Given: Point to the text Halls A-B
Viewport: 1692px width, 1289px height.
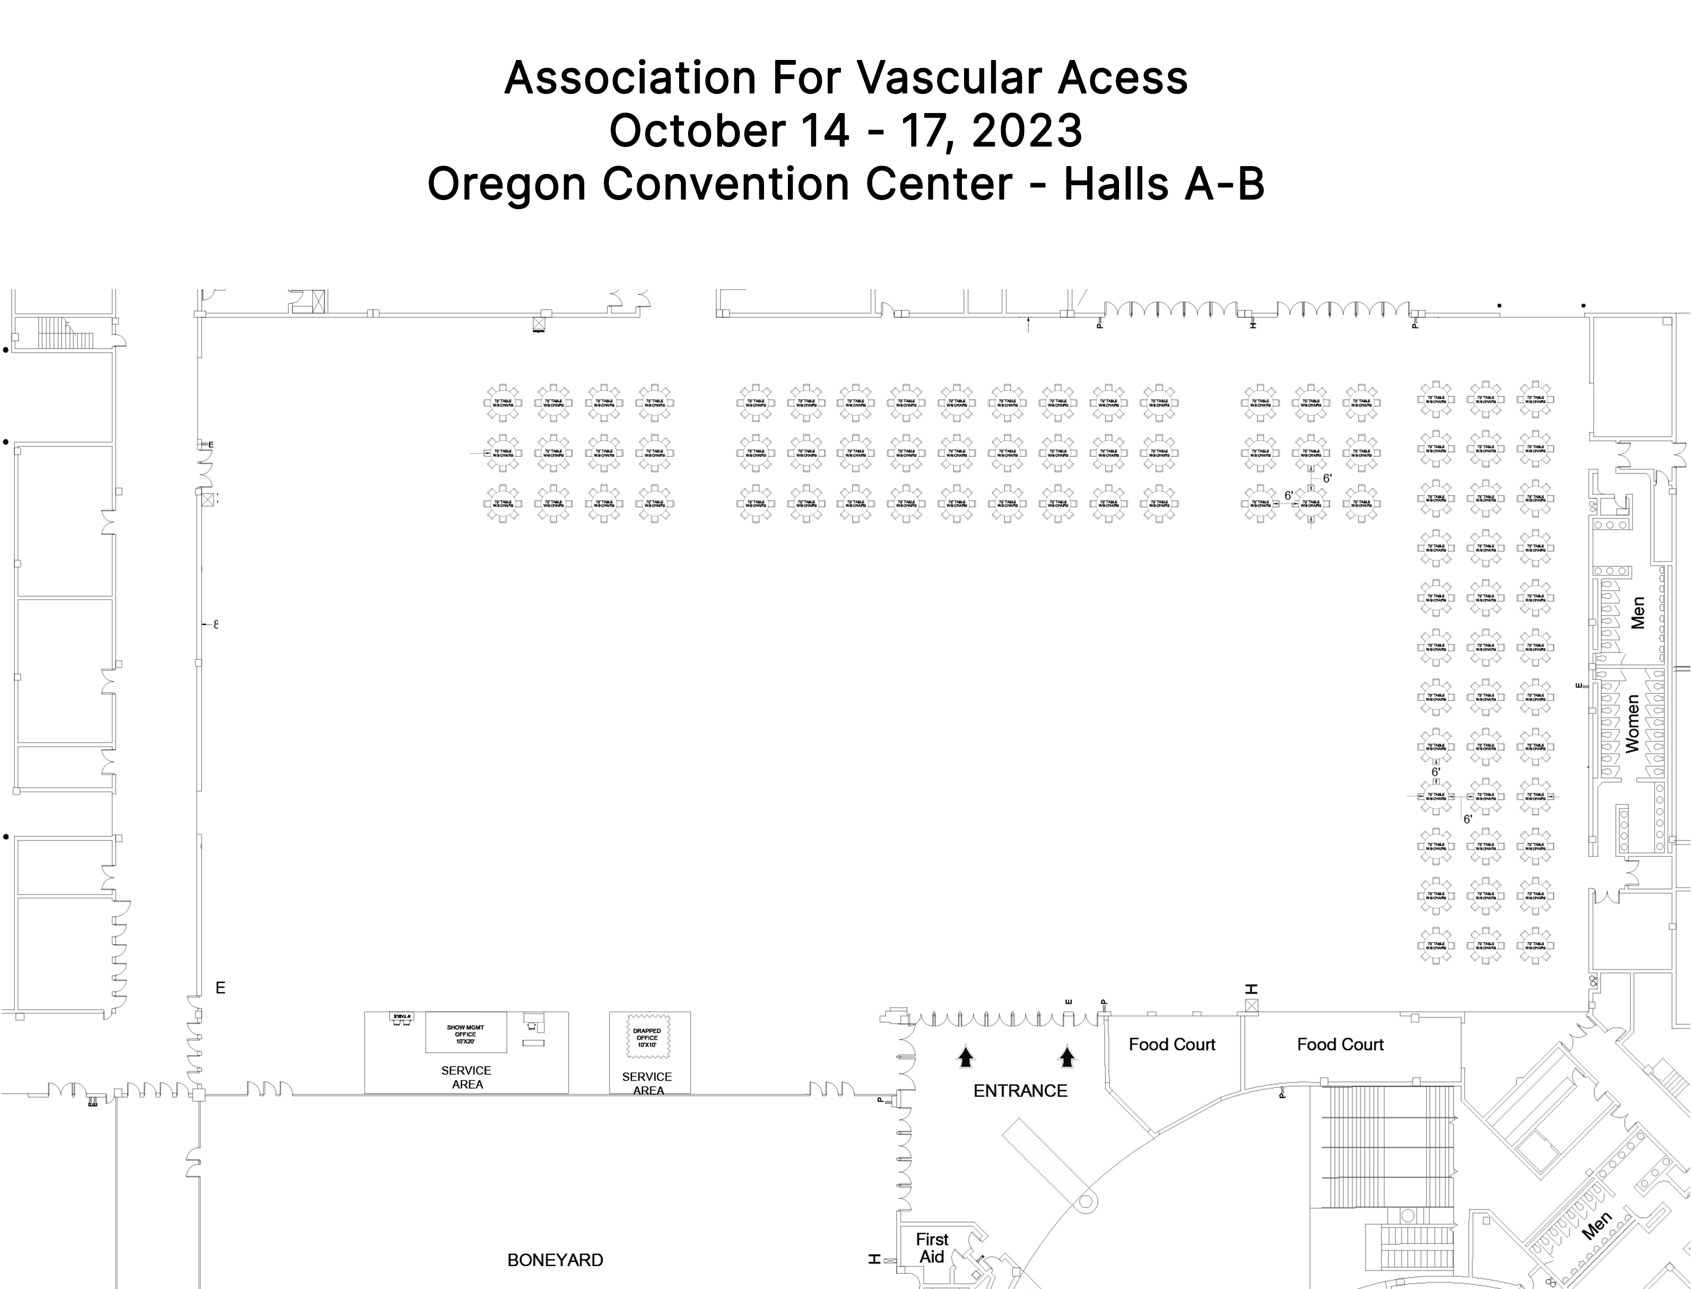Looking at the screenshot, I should point(1163,184).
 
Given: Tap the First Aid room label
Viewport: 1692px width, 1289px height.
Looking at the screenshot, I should point(932,1248).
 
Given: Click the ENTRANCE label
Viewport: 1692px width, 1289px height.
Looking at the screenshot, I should point(1020,1091).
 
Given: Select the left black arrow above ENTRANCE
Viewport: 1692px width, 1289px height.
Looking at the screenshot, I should point(966,1057).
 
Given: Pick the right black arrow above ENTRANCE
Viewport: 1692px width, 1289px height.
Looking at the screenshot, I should point(1067,1057).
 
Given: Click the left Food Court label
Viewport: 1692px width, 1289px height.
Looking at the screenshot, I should point(1172,1044).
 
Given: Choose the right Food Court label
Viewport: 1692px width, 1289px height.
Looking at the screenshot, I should point(1340,1044).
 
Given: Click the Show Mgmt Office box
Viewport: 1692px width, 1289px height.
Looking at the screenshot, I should point(465,1034).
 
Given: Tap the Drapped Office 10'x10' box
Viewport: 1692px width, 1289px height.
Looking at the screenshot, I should point(647,1037).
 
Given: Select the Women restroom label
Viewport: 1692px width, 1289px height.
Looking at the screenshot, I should point(1632,723).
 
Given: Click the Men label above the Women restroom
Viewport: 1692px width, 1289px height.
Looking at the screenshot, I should point(1637,613).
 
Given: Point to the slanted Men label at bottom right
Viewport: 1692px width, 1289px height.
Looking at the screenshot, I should point(1597,1225).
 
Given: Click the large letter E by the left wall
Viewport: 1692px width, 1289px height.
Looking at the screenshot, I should point(220,988).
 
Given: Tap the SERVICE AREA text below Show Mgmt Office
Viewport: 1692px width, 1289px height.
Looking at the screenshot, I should point(466,1077).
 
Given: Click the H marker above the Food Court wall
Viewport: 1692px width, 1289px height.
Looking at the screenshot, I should point(1252,989).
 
